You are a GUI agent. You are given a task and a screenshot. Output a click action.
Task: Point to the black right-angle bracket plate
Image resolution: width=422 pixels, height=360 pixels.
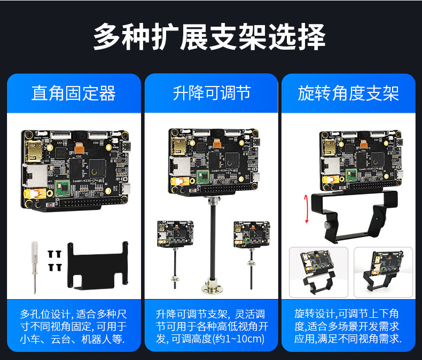click(97, 266)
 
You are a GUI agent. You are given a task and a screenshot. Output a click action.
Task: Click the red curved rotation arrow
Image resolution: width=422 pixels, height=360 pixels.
click(306, 209)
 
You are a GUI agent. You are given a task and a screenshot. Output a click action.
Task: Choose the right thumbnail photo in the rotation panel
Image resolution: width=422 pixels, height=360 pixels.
click(383, 272)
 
